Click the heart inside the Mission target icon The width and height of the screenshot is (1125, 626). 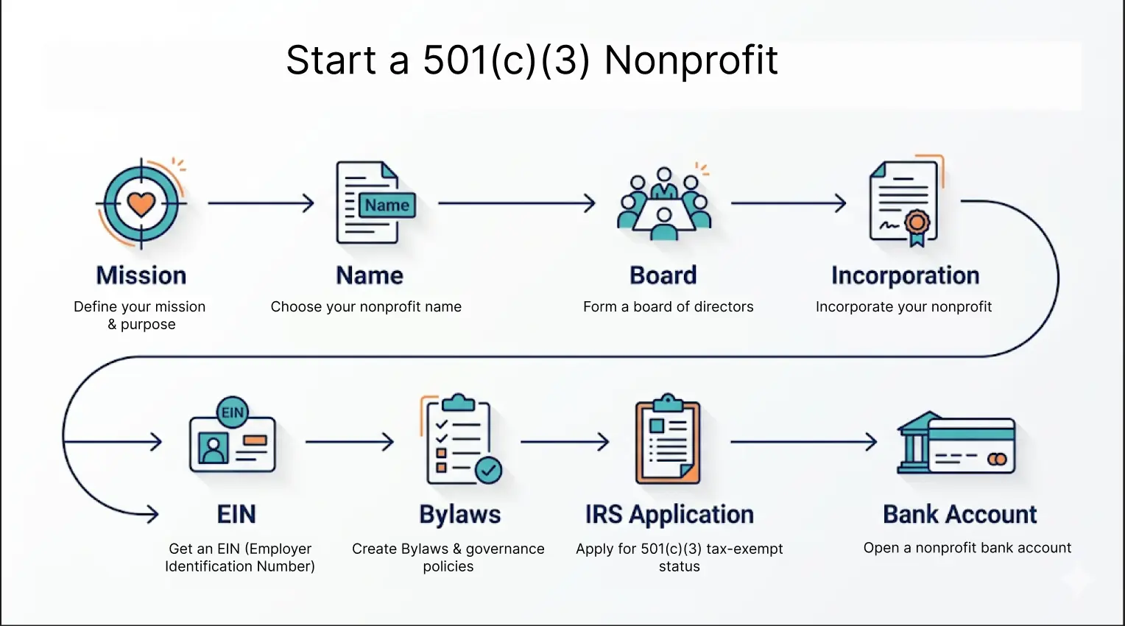click(141, 203)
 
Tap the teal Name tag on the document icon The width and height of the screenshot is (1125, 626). click(387, 205)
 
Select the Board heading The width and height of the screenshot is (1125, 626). click(663, 275)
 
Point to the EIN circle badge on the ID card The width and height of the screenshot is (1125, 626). click(233, 412)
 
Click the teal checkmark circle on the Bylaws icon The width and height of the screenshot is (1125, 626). click(488, 469)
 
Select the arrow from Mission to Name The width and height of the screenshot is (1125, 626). click(261, 203)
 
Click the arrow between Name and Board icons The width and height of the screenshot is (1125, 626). click(516, 203)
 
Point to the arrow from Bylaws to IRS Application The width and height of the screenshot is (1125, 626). click(565, 442)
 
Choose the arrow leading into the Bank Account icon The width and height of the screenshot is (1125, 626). click(803, 442)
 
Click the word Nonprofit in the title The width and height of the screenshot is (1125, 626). click(691, 60)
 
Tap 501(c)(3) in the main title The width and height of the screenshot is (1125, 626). click(507, 60)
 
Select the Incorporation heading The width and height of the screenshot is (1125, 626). click(905, 275)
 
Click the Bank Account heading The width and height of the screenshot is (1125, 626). click(959, 514)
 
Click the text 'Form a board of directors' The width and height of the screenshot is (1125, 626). click(668, 307)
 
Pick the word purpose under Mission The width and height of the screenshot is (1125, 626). click(148, 325)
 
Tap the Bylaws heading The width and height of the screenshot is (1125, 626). click(459, 514)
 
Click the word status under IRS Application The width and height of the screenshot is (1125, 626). click(679, 567)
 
